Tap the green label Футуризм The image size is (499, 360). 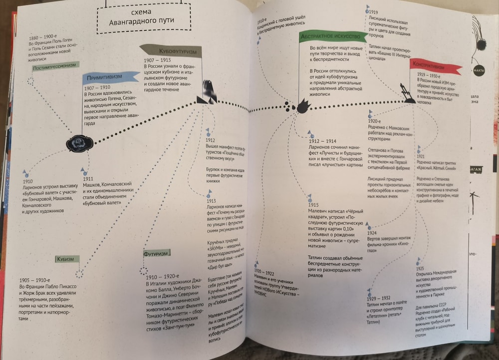coord(155,253)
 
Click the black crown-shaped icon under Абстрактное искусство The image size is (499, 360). coord(303,106)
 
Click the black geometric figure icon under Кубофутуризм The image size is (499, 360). coord(207,93)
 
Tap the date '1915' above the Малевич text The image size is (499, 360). coord(313,205)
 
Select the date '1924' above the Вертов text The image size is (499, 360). coord(372,233)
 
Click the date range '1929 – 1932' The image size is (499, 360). coord(378,299)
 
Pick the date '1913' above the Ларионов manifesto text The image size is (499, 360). coord(211,200)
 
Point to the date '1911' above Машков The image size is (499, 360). coord(88,178)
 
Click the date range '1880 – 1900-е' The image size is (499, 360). coord(44,37)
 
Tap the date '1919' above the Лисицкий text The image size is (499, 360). coord(373,12)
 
